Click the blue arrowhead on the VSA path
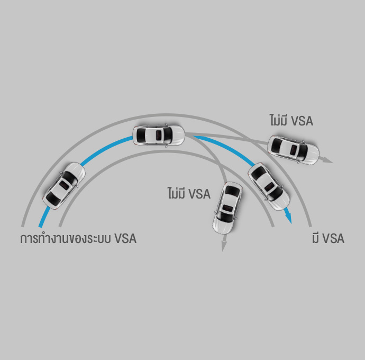(x=289, y=218)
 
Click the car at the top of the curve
(x=159, y=136)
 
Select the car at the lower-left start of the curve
(x=64, y=186)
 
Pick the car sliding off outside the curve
(x=293, y=150)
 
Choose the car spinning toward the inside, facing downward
(x=227, y=208)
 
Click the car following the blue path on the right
(x=269, y=186)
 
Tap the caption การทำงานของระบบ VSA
(x=78, y=238)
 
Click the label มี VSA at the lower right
(x=328, y=238)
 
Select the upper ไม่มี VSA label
(x=291, y=120)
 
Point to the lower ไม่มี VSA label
(x=189, y=193)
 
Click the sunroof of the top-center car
(x=159, y=135)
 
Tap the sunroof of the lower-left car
(x=64, y=185)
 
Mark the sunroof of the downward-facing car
(x=227, y=208)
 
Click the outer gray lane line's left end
(x=23, y=226)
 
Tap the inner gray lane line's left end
(x=60, y=226)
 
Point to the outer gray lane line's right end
(x=310, y=226)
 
